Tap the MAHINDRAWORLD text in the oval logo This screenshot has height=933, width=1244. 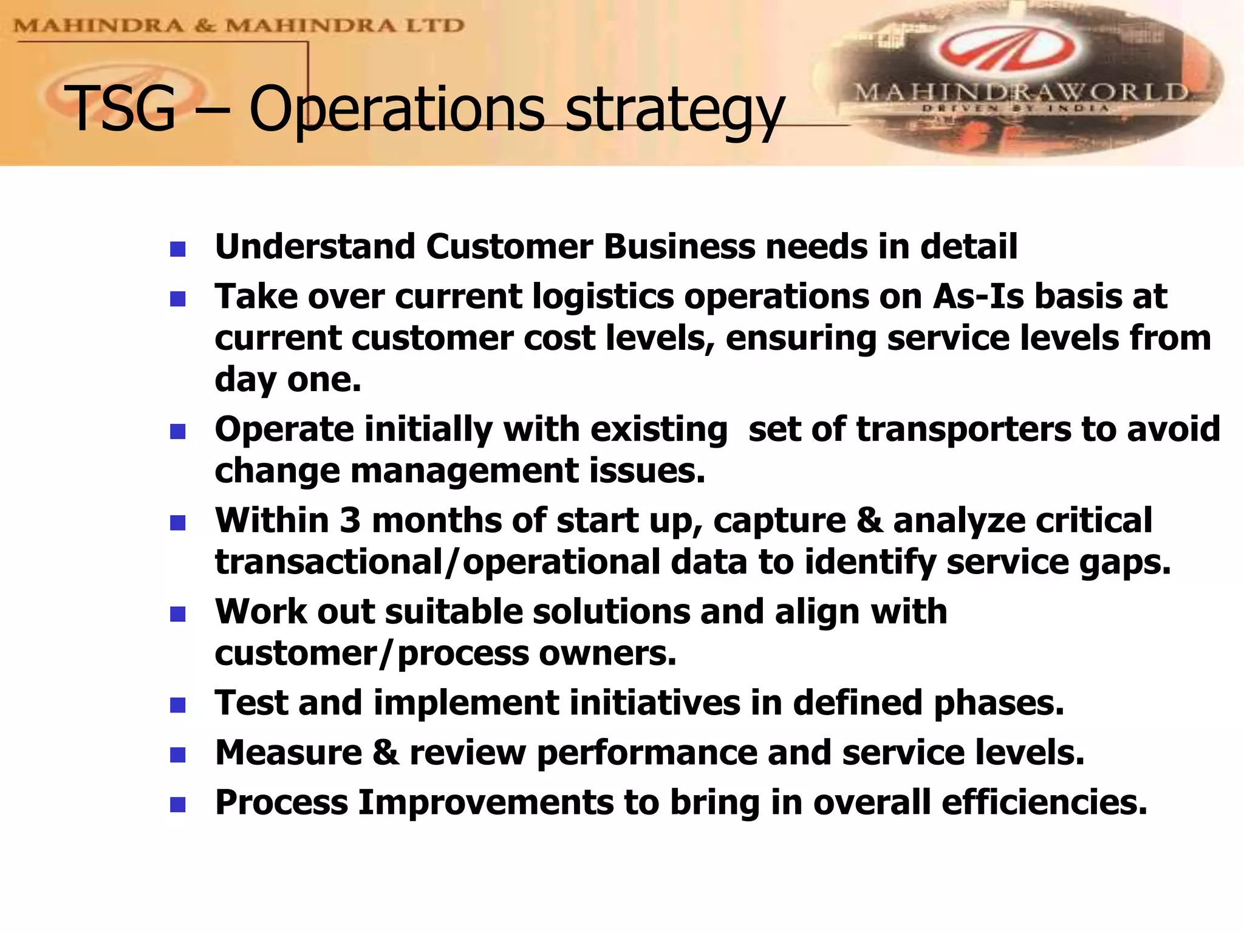tap(1021, 93)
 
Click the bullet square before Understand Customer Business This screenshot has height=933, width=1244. tap(177, 249)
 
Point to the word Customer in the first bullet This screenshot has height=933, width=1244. tap(509, 247)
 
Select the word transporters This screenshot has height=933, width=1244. tap(963, 429)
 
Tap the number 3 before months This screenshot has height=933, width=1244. tap(350, 521)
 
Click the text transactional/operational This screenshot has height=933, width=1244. tap(437, 562)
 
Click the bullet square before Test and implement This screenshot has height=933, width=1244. tap(177, 705)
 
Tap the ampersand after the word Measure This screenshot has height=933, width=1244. tap(386, 753)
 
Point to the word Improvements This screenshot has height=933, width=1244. tap(485, 802)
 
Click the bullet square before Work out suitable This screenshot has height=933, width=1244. tap(177, 614)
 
